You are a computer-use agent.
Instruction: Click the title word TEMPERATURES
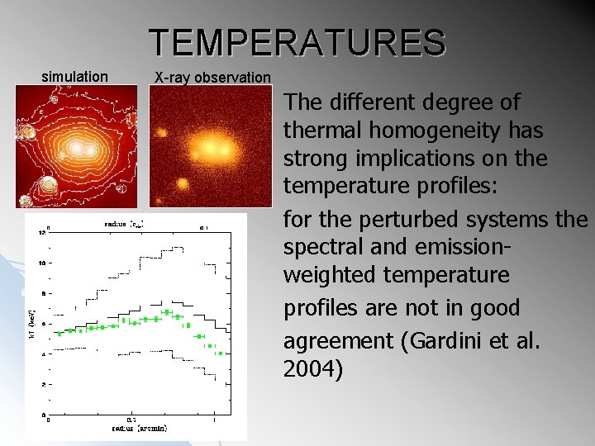click(x=297, y=42)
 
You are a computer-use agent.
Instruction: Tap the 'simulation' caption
click(x=74, y=77)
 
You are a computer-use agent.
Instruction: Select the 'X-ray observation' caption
click(x=212, y=78)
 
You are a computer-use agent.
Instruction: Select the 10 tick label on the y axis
click(x=44, y=263)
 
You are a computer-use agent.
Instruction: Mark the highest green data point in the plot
click(x=167, y=312)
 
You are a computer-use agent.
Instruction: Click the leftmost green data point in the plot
click(x=59, y=334)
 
